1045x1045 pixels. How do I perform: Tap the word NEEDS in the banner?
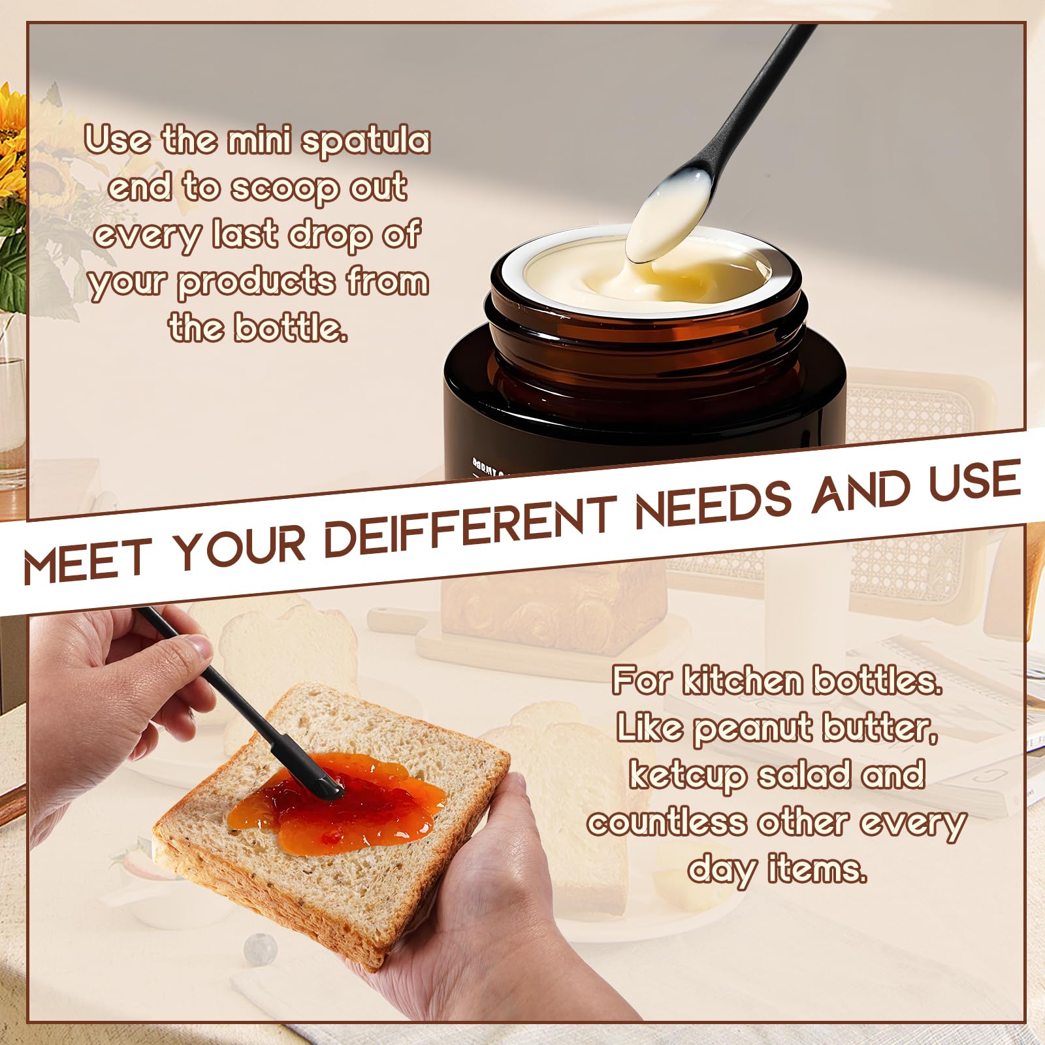713,501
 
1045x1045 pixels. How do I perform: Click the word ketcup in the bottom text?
687,775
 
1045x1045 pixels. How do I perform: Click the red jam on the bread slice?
340,800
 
